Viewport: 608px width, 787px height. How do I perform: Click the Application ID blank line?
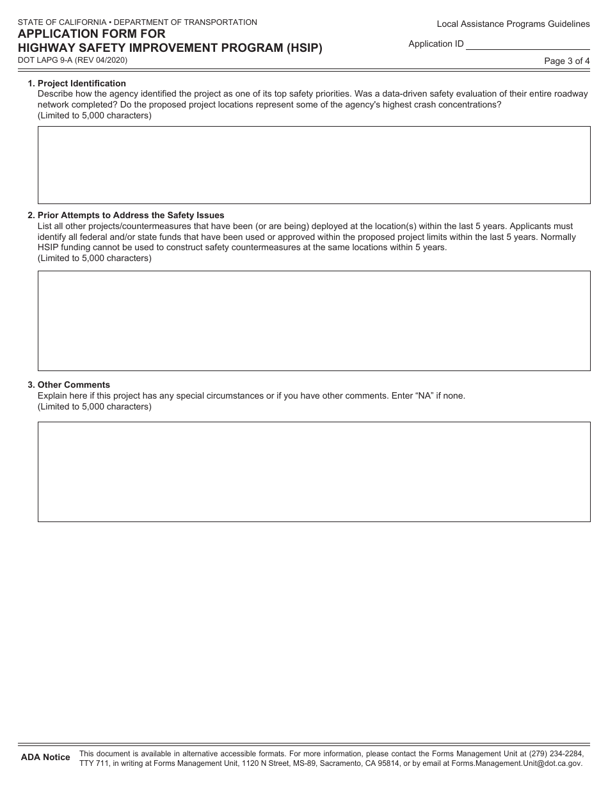527,44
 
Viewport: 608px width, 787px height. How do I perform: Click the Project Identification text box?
314,165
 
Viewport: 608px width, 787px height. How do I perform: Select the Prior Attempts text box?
314,321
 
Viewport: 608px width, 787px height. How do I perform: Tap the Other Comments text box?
314,472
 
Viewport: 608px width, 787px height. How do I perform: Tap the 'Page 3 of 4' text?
566,61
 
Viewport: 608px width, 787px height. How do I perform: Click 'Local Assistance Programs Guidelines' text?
513,24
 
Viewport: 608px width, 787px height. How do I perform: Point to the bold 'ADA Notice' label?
45,757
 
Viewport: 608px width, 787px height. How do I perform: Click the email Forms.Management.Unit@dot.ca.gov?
516,763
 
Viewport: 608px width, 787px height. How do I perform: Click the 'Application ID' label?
436,44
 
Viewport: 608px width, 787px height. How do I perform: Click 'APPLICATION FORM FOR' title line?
92,34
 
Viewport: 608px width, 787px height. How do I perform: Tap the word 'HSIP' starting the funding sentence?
49,247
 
